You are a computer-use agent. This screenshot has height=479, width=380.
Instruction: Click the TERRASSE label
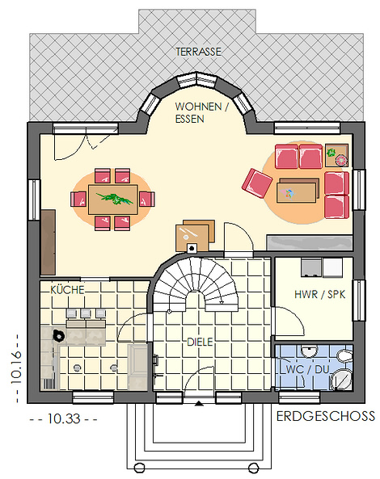click(198, 52)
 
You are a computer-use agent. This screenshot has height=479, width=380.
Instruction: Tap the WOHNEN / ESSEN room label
click(201, 112)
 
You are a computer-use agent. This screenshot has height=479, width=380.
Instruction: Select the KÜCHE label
click(67, 290)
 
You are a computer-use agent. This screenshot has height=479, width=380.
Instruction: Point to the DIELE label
click(200, 342)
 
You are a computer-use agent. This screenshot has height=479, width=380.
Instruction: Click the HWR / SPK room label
click(320, 295)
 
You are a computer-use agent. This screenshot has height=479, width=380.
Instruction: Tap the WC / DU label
click(307, 369)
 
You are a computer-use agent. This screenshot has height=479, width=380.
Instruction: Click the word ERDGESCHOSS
click(326, 416)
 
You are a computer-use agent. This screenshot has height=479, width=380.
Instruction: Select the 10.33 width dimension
click(64, 418)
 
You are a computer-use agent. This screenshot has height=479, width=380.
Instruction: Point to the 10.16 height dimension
click(16, 367)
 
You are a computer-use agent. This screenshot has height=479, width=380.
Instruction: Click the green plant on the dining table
click(115, 198)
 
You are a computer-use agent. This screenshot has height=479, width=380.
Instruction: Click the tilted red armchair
click(257, 183)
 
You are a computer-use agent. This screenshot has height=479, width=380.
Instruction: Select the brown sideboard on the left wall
click(48, 242)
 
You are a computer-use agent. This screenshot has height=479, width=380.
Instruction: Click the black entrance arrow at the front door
click(199, 404)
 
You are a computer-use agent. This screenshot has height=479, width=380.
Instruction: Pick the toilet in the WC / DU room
click(344, 355)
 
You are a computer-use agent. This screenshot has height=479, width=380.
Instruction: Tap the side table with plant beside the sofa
click(336, 155)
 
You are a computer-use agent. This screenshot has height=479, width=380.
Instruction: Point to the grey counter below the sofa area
click(310, 242)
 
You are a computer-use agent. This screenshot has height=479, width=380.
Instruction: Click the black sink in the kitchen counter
click(59, 336)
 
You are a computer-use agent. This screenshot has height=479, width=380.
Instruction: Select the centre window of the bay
click(197, 80)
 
